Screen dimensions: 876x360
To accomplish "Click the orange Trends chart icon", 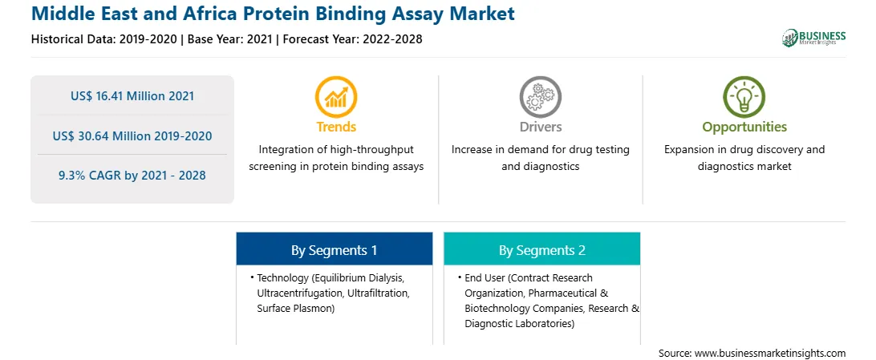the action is click(336, 96).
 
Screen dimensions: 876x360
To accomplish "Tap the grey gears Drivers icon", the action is click(540, 96).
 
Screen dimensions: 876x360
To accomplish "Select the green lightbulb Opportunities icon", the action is click(744, 96).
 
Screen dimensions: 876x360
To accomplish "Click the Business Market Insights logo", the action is click(814, 38).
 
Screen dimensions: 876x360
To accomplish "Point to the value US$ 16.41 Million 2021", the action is click(132, 96).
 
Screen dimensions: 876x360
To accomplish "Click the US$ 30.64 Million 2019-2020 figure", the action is click(132, 136).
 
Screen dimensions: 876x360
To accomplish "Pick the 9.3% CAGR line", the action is click(132, 176).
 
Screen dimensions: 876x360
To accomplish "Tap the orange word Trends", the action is click(336, 127).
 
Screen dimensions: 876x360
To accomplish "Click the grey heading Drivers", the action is click(540, 127).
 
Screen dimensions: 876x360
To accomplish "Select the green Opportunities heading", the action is click(744, 127).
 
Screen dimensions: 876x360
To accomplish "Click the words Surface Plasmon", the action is click(295, 308).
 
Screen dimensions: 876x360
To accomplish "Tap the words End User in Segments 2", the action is click(485, 277).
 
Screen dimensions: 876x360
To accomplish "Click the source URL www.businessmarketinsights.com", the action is click(770, 354).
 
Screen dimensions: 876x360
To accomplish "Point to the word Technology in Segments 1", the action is click(282, 277).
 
